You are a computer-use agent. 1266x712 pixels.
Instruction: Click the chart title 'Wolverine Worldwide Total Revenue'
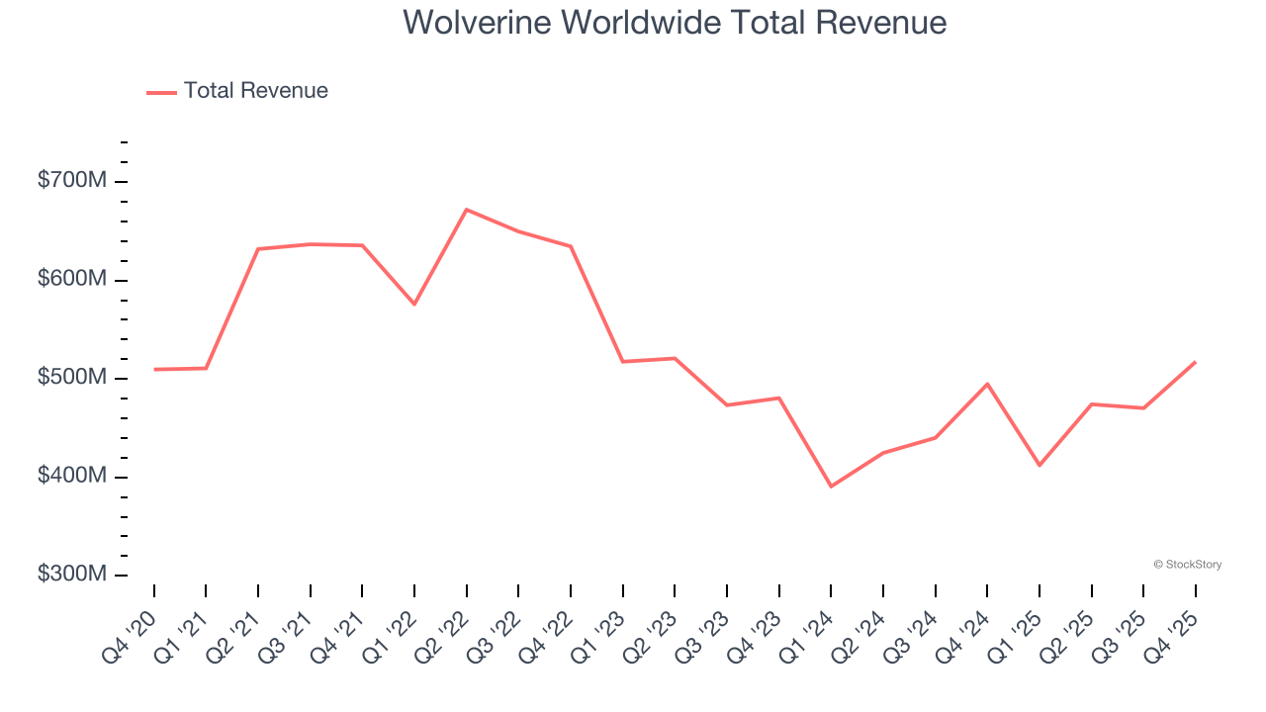(x=675, y=22)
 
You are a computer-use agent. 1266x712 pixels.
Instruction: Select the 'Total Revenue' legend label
(x=255, y=91)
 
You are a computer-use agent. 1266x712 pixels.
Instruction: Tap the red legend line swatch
(x=161, y=92)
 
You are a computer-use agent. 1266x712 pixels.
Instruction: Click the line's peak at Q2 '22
(x=466, y=210)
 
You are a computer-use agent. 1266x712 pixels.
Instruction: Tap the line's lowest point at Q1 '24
(x=831, y=487)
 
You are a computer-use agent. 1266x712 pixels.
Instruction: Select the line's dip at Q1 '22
(x=414, y=304)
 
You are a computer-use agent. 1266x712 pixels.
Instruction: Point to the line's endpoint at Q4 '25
(x=1195, y=362)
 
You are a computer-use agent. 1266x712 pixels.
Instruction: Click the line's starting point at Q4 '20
(x=154, y=369)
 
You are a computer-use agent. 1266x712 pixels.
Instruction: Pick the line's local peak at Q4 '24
(x=987, y=384)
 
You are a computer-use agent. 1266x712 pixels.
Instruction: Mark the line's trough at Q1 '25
(x=1040, y=465)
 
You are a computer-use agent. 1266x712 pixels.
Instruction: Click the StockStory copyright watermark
(x=1187, y=565)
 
